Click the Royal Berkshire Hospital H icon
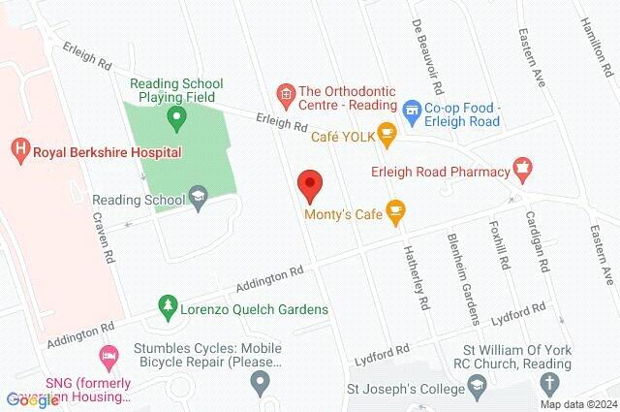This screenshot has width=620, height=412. (x=18, y=150)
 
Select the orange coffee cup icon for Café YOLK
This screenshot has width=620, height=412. (x=387, y=136)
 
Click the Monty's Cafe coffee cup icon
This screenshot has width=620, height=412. (x=395, y=209)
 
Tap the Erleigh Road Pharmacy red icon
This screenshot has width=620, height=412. (x=523, y=172)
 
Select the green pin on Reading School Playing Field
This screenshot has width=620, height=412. (x=176, y=120)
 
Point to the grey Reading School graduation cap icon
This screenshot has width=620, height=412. (x=199, y=200)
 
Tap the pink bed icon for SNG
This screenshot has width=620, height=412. (x=108, y=355)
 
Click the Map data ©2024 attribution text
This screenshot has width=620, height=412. (x=578, y=404)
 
